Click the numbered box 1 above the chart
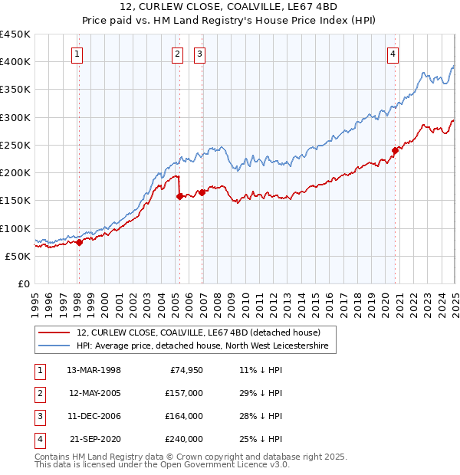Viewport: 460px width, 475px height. pyautogui.click(x=79, y=54)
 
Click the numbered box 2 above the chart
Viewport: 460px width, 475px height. pyautogui.click(x=178, y=54)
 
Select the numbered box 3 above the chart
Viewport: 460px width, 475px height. pyautogui.click(x=199, y=54)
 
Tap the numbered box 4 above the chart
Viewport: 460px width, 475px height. pyautogui.click(x=392, y=54)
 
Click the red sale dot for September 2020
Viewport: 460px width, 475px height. pyautogui.click(x=395, y=150)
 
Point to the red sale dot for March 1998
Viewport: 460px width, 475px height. pyautogui.click(x=79, y=242)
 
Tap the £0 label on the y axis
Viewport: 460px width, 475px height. pyautogui.click(x=23, y=283)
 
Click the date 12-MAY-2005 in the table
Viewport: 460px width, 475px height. pyautogui.click(x=95, y=393)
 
